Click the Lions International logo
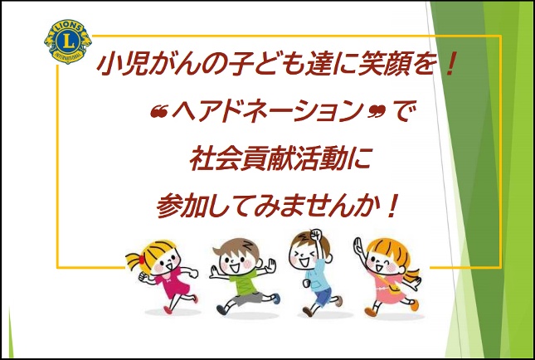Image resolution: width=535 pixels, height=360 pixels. tap(68, 41)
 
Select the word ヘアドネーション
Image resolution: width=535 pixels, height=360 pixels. tap(269, 110)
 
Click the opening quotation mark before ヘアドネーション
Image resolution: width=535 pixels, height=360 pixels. tap(159, 111)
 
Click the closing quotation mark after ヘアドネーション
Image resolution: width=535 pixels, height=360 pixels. tap(377, 111)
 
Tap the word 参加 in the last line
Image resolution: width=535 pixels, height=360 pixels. tap(181, 206)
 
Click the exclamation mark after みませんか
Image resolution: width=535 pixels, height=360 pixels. tap(392, 206)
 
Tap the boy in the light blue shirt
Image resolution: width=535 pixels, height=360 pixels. tap(314, 273)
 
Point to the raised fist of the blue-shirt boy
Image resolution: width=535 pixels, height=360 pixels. tap(316, 235)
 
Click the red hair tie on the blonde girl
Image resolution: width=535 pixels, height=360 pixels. tap(142, 260)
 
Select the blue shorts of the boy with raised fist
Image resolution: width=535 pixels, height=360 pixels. tap(323, 296)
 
